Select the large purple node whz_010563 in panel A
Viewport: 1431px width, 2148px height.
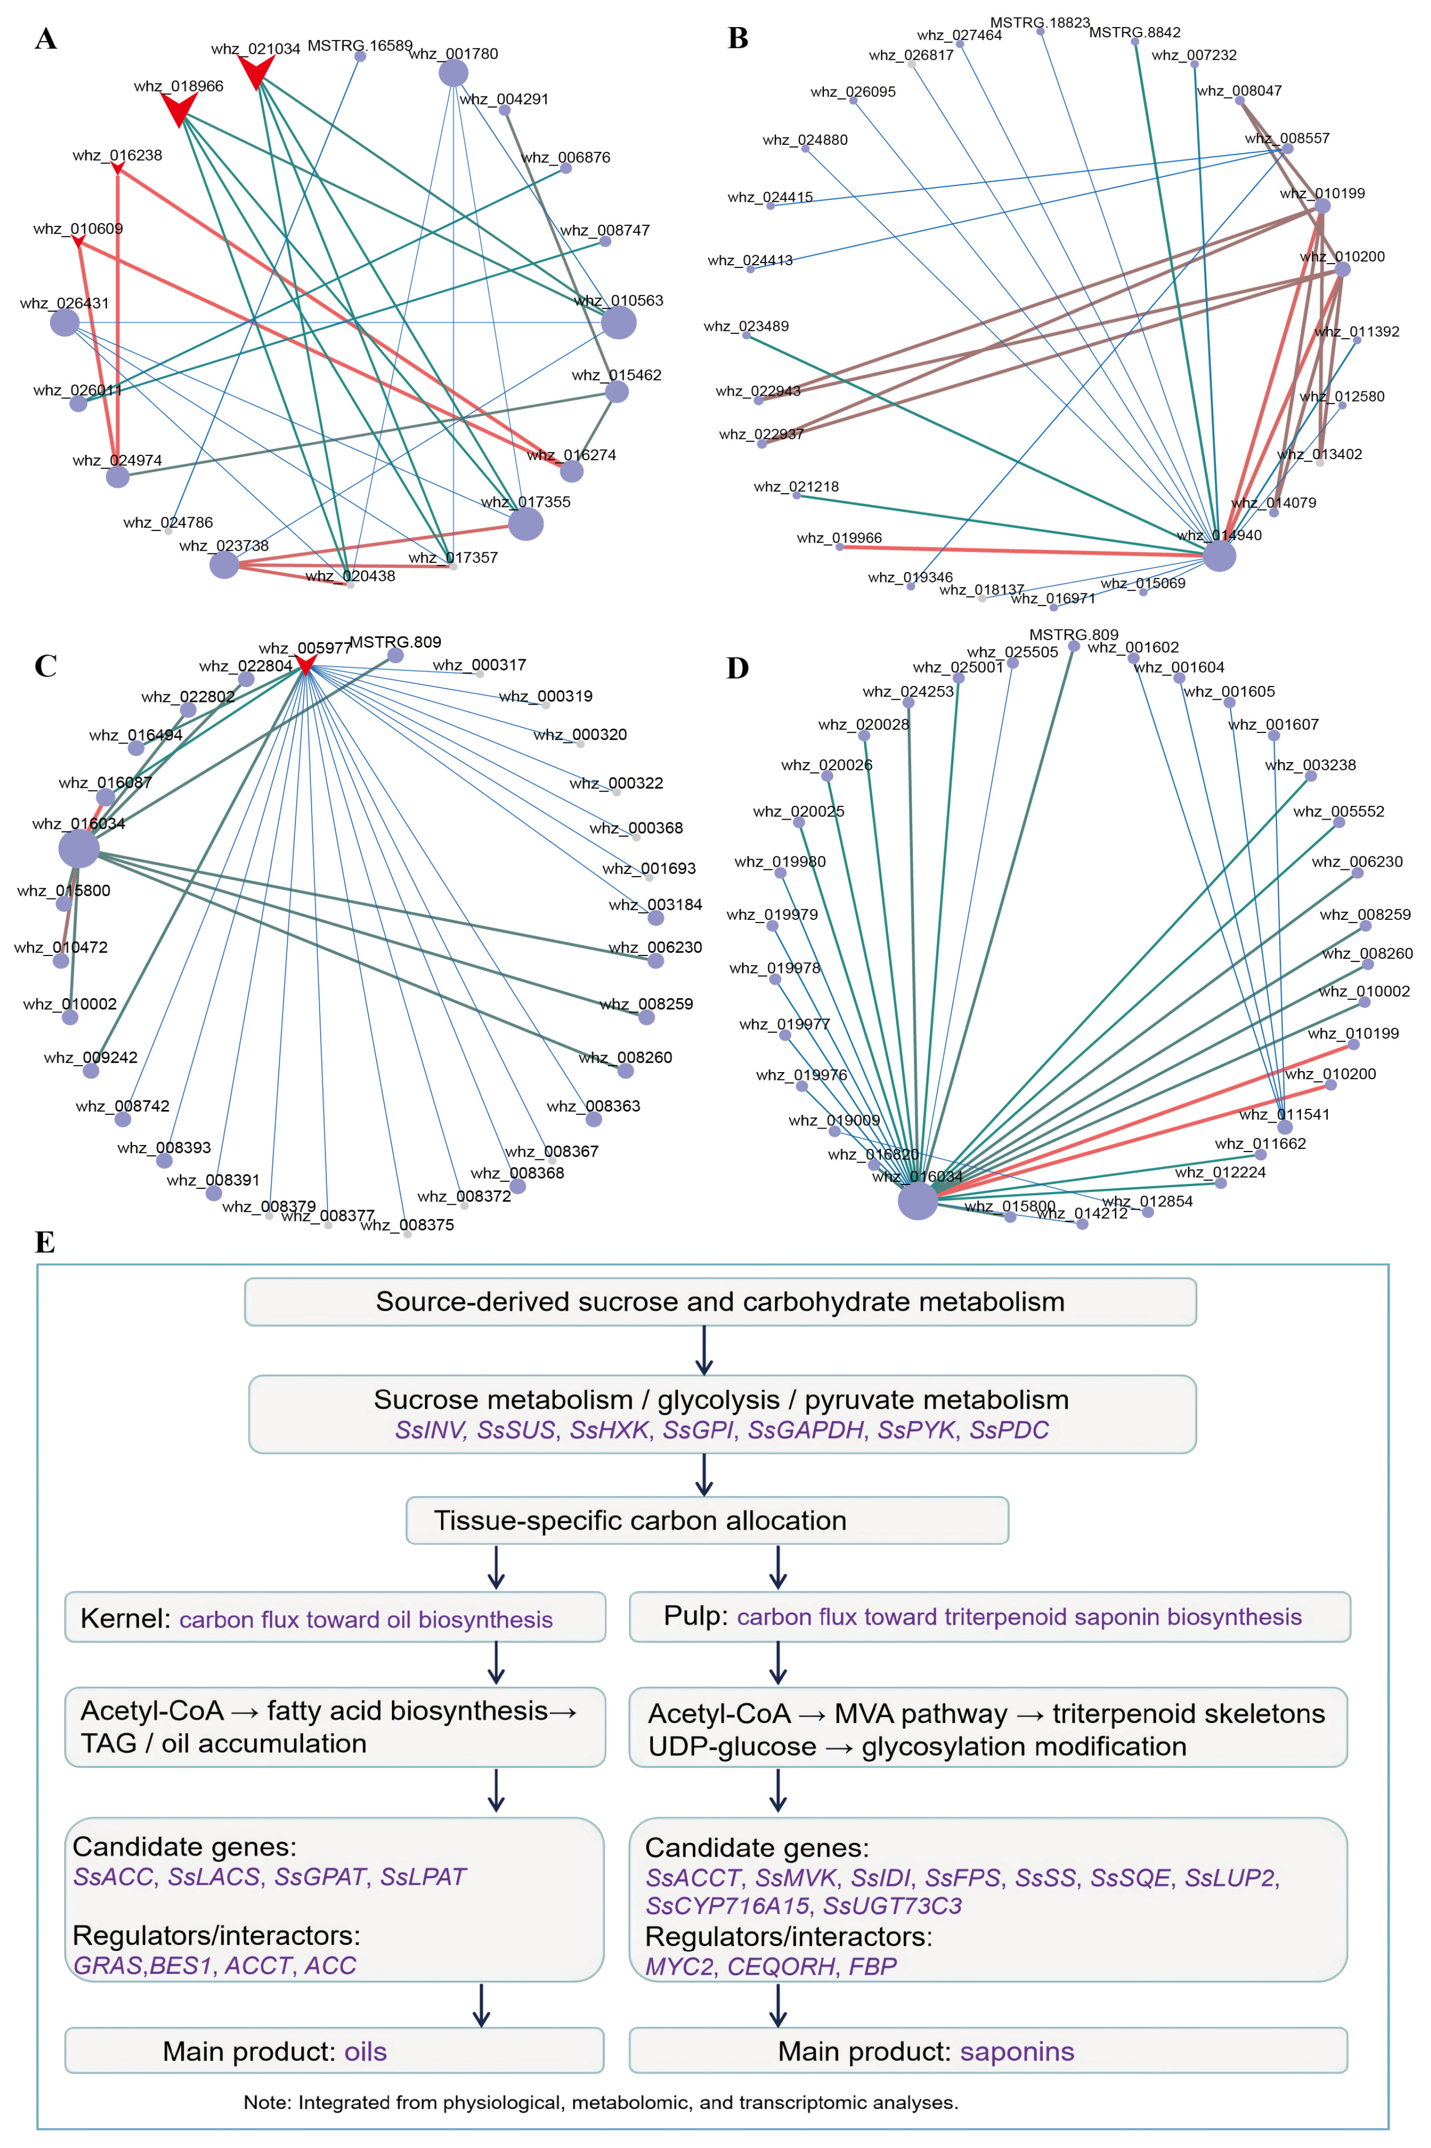(619, 322)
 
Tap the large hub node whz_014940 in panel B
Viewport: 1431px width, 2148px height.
(1219, 555)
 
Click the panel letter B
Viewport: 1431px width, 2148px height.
(738, 38)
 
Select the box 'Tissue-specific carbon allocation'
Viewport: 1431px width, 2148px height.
(707, 1520)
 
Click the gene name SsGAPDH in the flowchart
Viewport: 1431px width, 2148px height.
(806, 1430)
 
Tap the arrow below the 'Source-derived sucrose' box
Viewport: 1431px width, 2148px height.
(704, 1350)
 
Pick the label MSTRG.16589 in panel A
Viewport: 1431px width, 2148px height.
(359, 46)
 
